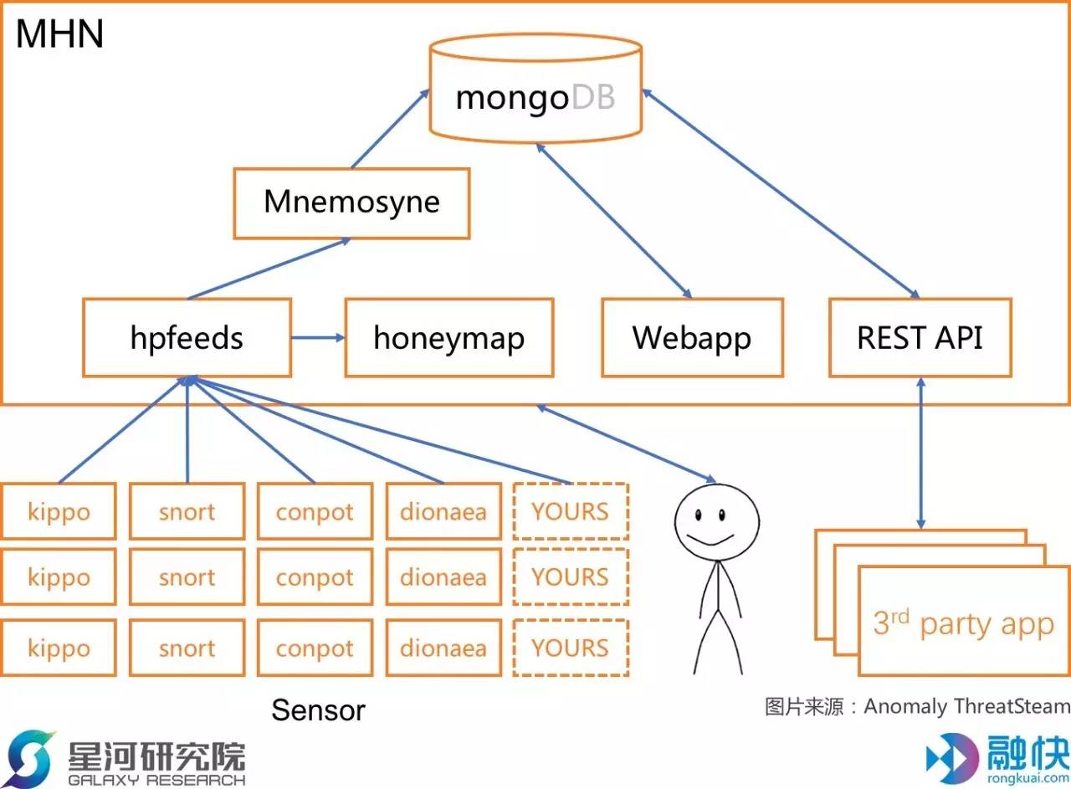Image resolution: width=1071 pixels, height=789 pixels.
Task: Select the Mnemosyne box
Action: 351,202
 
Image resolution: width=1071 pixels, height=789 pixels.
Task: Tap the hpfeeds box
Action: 187,338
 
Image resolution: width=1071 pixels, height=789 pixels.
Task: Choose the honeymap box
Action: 448,338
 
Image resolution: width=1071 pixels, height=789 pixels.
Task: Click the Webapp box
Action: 692,338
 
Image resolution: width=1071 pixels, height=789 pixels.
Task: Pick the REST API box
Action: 920,338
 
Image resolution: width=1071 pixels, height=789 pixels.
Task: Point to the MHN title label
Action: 59,34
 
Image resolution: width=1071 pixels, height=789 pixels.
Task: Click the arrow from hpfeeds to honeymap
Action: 318,338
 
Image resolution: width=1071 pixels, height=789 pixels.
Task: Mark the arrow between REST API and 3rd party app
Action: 921,453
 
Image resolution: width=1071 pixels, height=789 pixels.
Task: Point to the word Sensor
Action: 318,710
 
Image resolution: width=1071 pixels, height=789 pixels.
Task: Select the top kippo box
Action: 59,511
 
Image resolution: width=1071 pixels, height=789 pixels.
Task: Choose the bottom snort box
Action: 187,648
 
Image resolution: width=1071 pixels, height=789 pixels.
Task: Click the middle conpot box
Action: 315,578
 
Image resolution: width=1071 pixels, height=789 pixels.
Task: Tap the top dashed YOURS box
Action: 570,511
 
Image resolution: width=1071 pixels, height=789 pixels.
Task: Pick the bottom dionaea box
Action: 443,648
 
